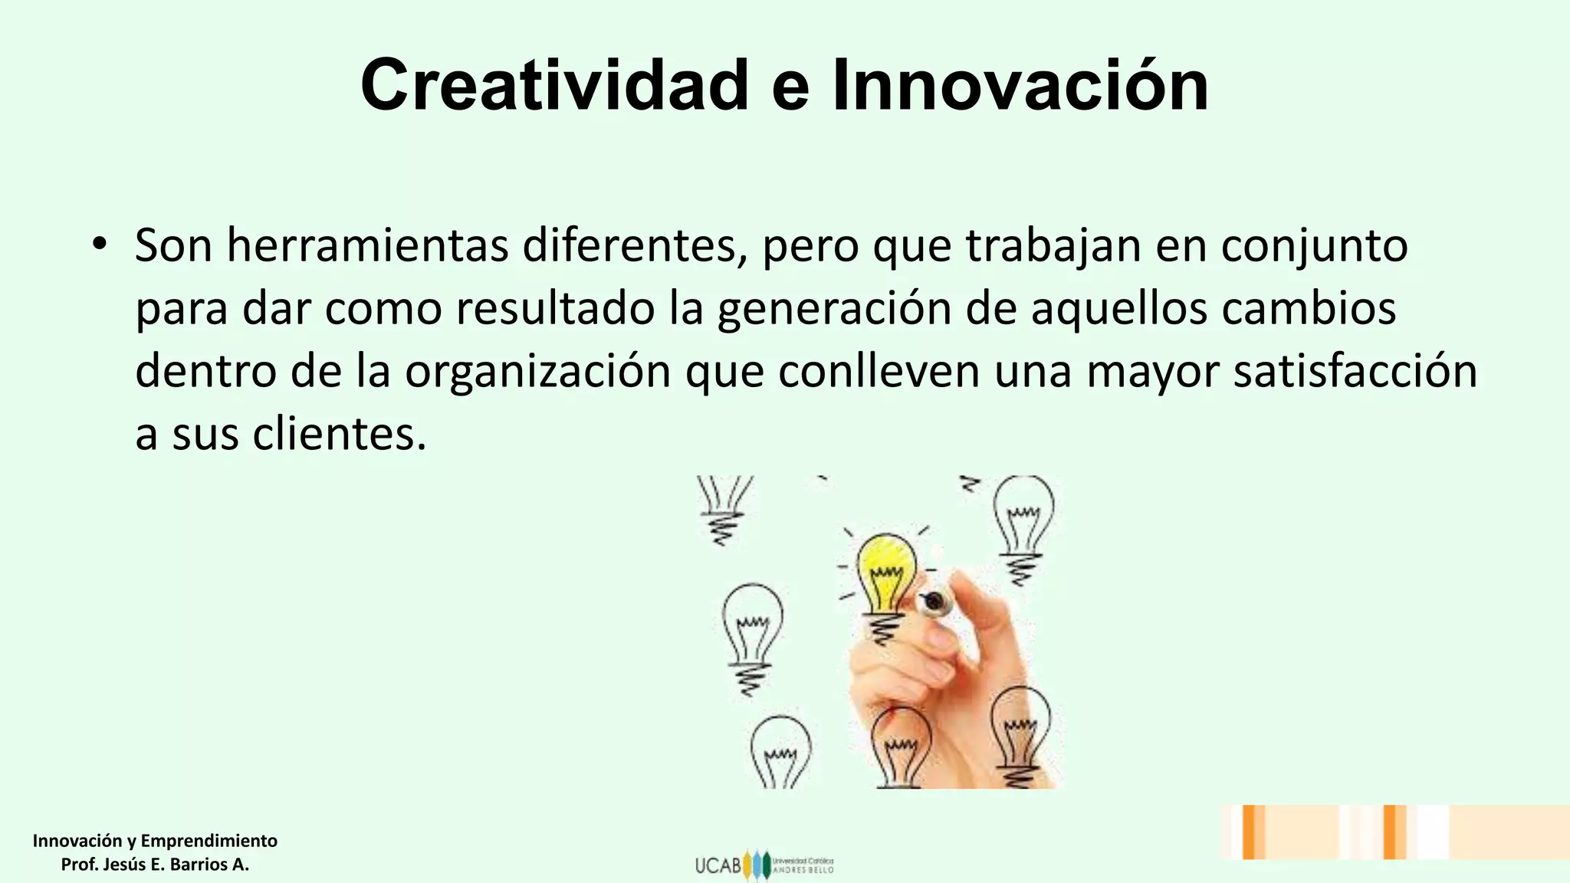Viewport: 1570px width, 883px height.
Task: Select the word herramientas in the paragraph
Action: point(367,246)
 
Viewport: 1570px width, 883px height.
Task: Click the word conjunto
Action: point(1314,248)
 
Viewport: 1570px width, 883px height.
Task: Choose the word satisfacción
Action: point(1355,371)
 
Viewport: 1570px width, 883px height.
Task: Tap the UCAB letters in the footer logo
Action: point(718,865)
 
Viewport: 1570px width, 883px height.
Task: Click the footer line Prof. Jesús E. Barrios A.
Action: point(155,865)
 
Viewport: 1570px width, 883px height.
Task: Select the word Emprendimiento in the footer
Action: point(209,841)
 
